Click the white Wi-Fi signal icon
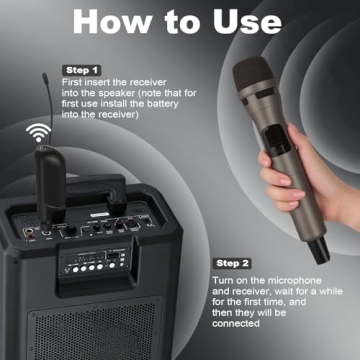coord(37,132)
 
